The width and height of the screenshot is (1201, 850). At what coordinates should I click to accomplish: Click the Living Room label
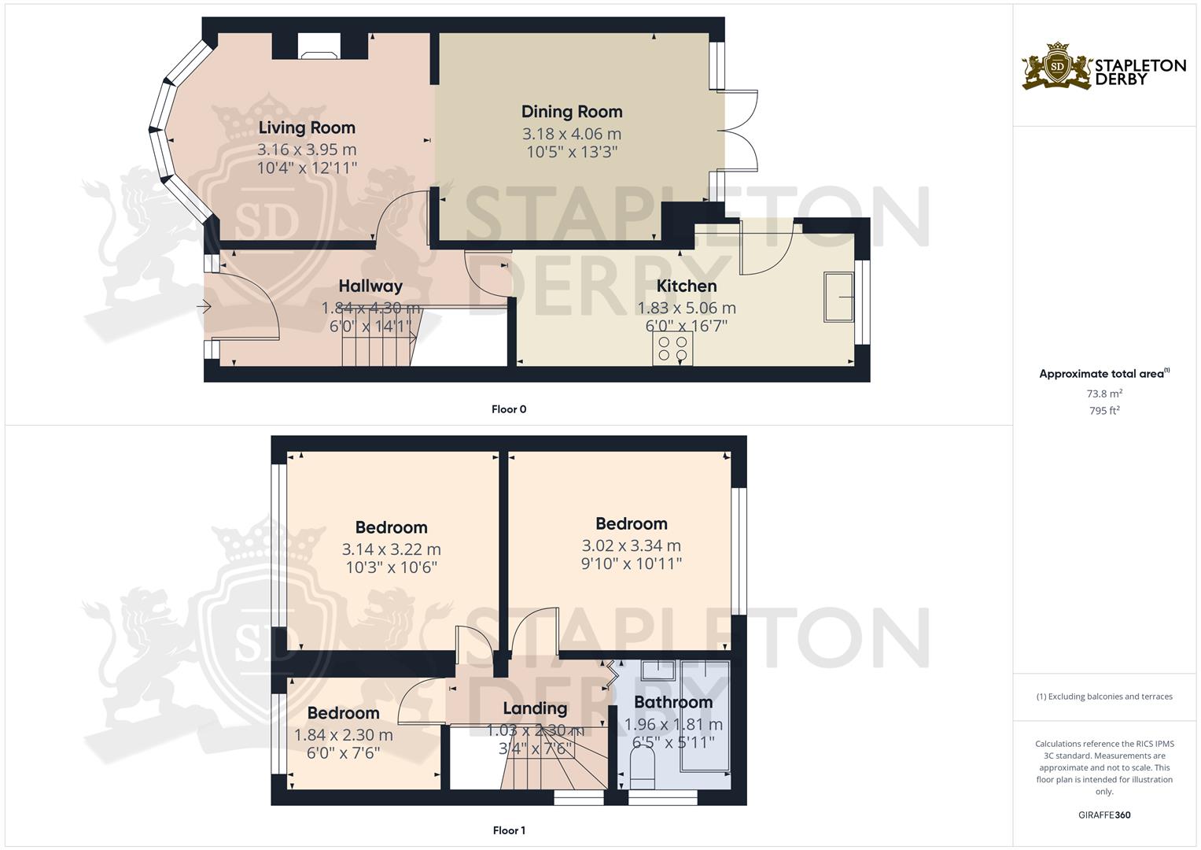pos(307,128)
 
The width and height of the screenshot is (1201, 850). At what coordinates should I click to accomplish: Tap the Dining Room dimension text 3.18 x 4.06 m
pos(572,134)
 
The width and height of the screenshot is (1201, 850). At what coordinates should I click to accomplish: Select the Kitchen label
pos(687,286)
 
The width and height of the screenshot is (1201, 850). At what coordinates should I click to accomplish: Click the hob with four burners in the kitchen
pos(672,349)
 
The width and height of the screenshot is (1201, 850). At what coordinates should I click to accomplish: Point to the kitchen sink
pos(839,297)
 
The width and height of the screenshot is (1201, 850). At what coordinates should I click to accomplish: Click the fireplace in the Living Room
pos(319,49)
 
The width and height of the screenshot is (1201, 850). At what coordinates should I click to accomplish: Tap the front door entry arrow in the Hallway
pos(207,308)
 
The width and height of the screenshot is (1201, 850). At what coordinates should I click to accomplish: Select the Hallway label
pos(370,286)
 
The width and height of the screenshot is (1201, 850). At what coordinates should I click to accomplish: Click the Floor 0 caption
pos(508,409)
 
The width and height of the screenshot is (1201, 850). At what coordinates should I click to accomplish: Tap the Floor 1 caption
pos(508,830)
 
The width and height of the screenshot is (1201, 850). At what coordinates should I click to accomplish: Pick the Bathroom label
pos(673,702)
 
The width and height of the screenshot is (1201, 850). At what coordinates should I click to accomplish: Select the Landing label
pos(535,708)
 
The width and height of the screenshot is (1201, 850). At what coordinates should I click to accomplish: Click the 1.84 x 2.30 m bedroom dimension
pos(343,735)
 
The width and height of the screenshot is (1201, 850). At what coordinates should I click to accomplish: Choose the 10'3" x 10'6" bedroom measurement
pos(391,567)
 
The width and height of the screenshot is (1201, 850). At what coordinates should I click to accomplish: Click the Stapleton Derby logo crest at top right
pos(1058,68)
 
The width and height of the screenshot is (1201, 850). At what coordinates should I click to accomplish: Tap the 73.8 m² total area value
pos(1104,394)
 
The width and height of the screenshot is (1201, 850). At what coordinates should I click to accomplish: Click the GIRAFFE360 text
pos(1104,815)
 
